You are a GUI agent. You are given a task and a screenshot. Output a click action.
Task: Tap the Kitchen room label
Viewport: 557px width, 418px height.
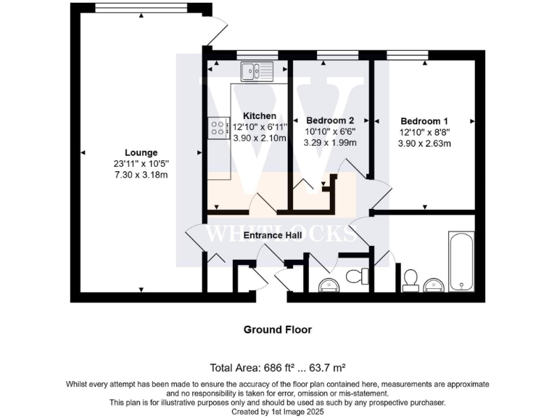(260, 116)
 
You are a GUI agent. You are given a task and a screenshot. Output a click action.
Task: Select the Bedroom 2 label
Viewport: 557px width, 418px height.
(330, 120)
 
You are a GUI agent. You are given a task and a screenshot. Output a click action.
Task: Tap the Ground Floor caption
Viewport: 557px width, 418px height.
(278, 329)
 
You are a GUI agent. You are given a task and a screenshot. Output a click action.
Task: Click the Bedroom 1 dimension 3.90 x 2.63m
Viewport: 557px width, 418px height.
(424, 144)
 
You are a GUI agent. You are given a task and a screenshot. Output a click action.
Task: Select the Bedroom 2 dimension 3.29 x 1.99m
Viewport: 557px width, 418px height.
(330, 143)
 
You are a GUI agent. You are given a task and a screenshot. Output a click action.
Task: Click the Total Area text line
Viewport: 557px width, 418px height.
(278, 368)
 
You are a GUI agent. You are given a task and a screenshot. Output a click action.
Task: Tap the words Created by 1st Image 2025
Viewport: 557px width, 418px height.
(278, 411)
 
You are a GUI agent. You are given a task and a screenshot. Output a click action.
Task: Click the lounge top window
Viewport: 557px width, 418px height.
(141, 9)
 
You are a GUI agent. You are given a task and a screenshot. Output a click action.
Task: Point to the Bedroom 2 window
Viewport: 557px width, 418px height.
(337, 54)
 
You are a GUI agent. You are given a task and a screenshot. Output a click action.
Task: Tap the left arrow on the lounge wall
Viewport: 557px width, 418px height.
(83, 152)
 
